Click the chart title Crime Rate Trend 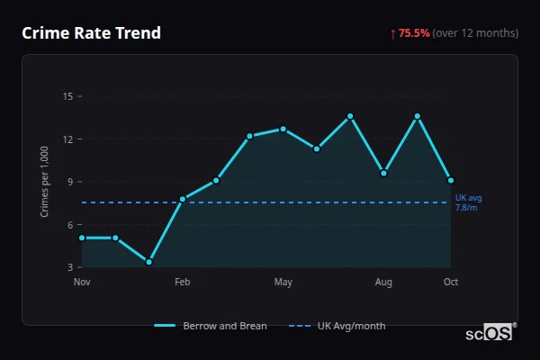pos(91,33)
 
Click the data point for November pos(82,238)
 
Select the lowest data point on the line pos(148,262)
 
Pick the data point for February pos(183,199)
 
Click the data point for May pos(283,129)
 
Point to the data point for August pos(384,173)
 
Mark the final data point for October pos(451,180)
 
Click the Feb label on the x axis pos(183,283)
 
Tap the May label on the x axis pos(283,283)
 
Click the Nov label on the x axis pos(82,283)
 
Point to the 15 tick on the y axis pos(68,95)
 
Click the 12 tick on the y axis pos(68,139)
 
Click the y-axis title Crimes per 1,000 pos(45,182)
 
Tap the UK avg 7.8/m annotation pos(467,202)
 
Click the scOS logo pos(489,333)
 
